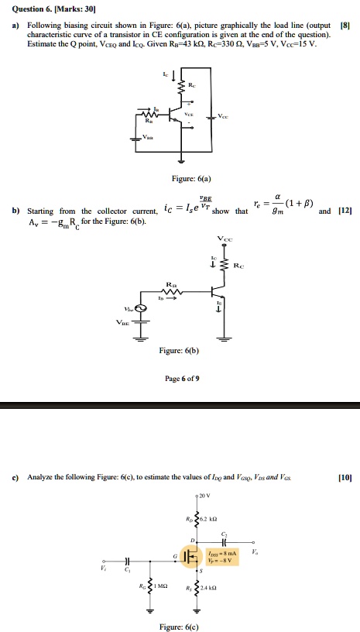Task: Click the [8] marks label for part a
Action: [345, 26]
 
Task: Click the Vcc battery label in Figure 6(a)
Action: [223, 115]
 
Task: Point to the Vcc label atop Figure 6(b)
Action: [224, 238]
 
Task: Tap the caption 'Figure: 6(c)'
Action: [179, 626]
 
